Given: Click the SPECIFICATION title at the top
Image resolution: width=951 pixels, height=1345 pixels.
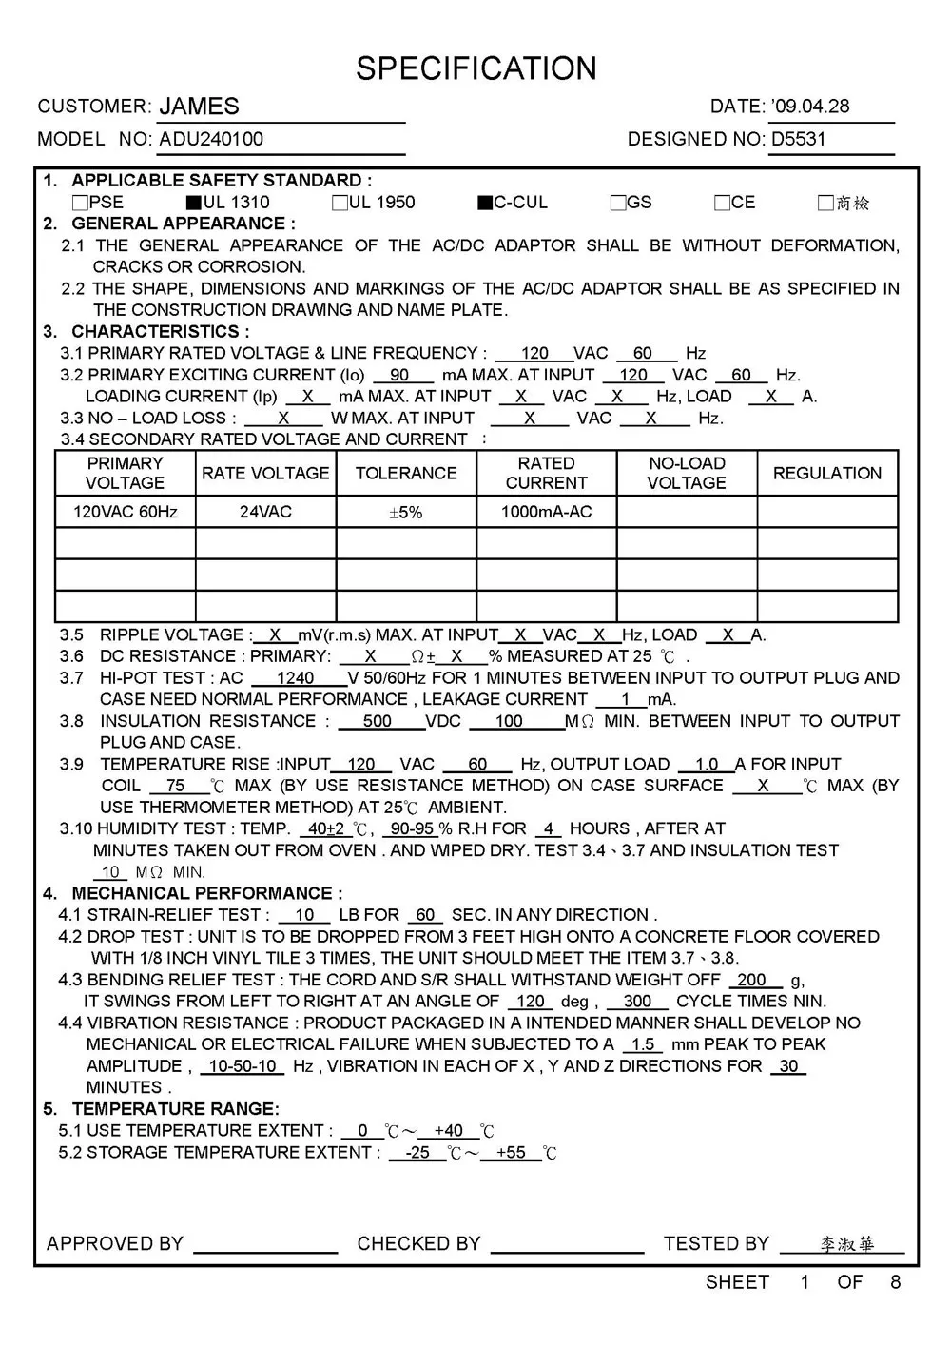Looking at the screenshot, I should coord(476,68).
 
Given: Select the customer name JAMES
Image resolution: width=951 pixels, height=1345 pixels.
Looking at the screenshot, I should coord(199,107).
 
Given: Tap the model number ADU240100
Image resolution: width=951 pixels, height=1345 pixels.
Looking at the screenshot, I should coord(211,139).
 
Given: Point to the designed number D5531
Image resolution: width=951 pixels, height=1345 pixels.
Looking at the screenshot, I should coord(798,139).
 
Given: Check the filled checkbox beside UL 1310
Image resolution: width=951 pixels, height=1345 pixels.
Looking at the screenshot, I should coord(194,203).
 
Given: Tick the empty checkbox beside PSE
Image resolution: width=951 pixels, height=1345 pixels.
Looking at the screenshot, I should coord(80,203).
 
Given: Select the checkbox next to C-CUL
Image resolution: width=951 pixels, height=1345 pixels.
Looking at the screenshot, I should coord(485,203).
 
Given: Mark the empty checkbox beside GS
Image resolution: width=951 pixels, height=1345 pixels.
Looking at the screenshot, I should coord(618,203).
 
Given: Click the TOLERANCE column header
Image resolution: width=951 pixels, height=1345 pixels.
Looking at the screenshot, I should coord(406,473).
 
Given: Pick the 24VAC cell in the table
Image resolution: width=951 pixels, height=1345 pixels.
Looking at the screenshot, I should coord(265,512).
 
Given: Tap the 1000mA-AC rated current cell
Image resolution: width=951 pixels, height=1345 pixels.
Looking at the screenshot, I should coord(546,512).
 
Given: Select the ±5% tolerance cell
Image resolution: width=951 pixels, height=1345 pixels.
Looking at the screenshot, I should coord(406,512).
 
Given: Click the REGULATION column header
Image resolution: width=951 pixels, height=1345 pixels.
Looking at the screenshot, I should coord(826,473).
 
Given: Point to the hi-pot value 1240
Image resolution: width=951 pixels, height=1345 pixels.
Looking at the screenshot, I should coord(295,678).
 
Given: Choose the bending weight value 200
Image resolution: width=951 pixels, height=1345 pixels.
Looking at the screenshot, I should coord(751,980).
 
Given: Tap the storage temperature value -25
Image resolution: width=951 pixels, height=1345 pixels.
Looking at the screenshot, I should coord(417,1152).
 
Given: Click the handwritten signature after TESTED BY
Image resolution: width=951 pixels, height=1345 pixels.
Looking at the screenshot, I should coord(846,1244).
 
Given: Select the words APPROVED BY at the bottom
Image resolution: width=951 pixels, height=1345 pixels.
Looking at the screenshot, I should coord(114,1243).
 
